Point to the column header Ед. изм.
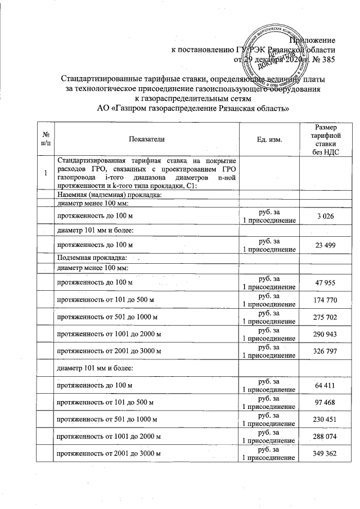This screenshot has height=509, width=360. point(269,138)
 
